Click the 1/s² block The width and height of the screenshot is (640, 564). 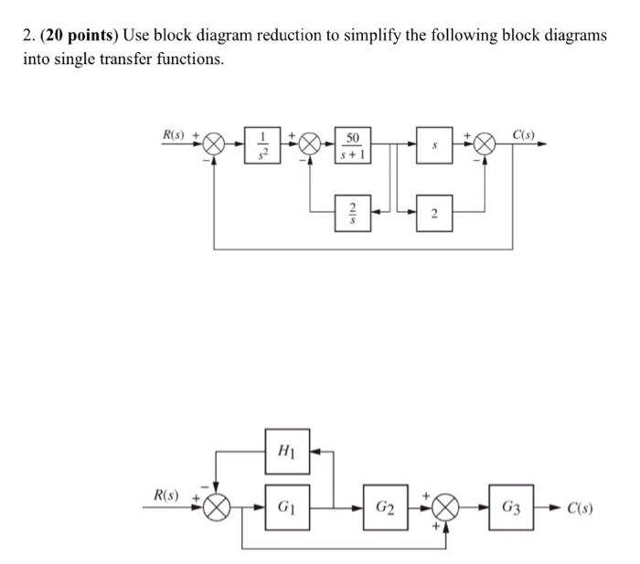coord(263,144)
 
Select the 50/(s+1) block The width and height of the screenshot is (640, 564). coord(352,144)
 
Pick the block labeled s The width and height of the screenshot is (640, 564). coord(434,144)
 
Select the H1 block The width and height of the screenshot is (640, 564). coord(283,450)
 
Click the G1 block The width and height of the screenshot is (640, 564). coord(283,505)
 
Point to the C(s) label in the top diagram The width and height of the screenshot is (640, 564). coord(524,134)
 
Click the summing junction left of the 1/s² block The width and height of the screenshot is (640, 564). coord(215,144)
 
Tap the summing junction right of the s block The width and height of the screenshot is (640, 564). coord(485,144)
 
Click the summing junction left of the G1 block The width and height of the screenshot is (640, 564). coord(217,506)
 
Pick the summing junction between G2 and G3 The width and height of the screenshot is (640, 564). coord(445,506)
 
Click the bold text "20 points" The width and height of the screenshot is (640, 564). coord(81,35)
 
